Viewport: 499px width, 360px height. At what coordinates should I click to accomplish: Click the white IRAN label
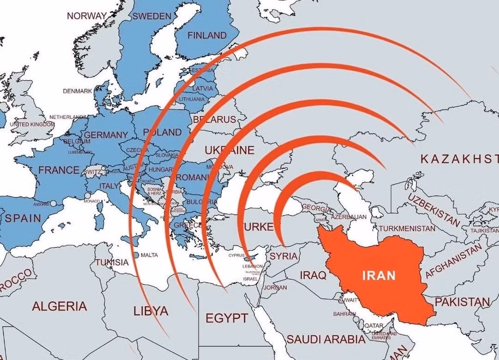(378, 275)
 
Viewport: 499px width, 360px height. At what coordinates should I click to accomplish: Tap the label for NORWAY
(86, 16)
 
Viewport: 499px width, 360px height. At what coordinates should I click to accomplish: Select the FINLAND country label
(207, 35)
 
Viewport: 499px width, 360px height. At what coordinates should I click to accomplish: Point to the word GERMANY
(106, 135)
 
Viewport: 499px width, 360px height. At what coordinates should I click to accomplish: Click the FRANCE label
(59, 170)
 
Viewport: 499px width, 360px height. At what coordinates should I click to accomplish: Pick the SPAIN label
(23, 218)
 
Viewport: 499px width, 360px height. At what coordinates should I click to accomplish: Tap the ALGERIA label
(59, 307)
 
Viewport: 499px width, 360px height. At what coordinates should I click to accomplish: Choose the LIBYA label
(151, 311)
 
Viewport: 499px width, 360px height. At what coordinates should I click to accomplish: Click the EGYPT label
(227, 318)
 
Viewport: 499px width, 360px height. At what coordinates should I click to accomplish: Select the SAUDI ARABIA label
(326, 339)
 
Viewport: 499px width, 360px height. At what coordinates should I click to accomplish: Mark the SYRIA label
(283, 256)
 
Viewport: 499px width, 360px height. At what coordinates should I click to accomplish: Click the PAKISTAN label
(462, 301)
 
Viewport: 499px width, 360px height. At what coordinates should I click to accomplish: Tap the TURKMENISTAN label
(407, 228)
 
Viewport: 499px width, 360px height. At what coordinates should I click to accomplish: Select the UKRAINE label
(229, 150)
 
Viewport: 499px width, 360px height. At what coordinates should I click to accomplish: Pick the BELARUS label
(214, 119)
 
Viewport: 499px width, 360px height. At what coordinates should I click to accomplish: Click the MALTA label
(149, 255)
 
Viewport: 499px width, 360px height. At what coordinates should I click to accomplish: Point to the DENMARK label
(77, 91)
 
